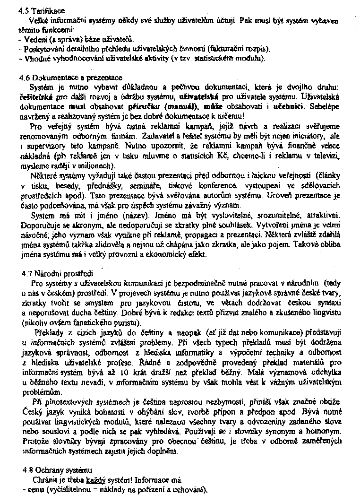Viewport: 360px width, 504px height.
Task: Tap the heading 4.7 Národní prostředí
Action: coord(58,273)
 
